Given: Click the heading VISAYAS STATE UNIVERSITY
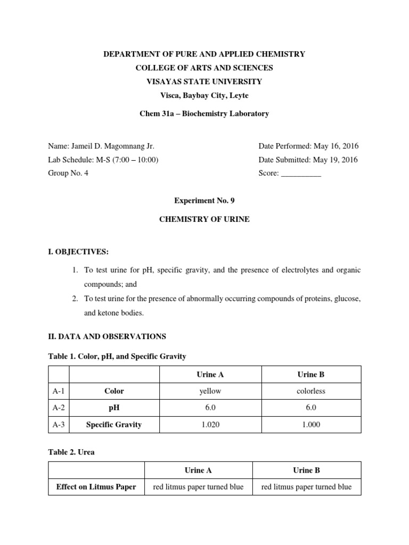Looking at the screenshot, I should [x=204, y=81].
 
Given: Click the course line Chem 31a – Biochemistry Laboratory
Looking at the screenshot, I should [x=204, y=113].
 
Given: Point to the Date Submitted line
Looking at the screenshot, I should [x=308, y=160].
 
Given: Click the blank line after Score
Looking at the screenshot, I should [x=300, y=174].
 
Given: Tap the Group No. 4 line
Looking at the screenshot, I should [x=68, y=173].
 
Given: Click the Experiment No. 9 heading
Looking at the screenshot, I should [x=204, y=201].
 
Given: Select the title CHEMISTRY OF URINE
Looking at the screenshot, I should [x=204, y=219].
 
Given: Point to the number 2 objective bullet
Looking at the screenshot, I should [x=75, y=299].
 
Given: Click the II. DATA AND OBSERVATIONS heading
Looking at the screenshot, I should [x=107, y=336].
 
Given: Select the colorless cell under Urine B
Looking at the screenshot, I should [x=310, y=391].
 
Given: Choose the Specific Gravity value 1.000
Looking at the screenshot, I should [x=310, y=425].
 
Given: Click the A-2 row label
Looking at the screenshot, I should [x=59, y=408].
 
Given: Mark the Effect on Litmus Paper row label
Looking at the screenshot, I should [x=96, y=487].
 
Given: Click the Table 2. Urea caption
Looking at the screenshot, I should [x=72, y=452].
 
